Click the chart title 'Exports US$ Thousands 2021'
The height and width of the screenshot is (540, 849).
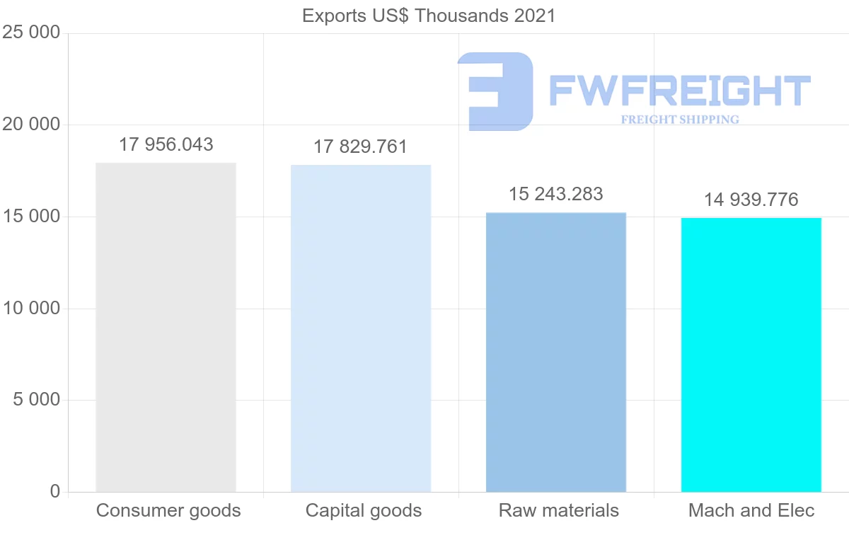(x=429, y=16)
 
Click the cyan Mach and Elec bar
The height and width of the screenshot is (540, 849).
(x=751, y=355)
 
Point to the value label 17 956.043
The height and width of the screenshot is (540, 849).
(x=166, y=144)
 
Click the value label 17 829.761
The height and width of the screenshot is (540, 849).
(x=361, y=147)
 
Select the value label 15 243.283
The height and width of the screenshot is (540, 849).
(x=556, y=194)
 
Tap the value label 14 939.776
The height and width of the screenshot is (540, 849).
(x=751, y=200)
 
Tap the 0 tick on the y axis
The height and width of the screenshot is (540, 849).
(x=55, y=492)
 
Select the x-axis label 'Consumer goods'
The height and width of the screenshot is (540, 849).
(x=168, y=510)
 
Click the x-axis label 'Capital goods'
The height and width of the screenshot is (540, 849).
(x=364, y=510)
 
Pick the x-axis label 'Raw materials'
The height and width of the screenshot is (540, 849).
(x=559, y=510)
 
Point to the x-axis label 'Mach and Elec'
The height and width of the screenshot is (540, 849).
(x=751, y=510)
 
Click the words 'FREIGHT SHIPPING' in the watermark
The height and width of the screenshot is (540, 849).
(x=680, y=120)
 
